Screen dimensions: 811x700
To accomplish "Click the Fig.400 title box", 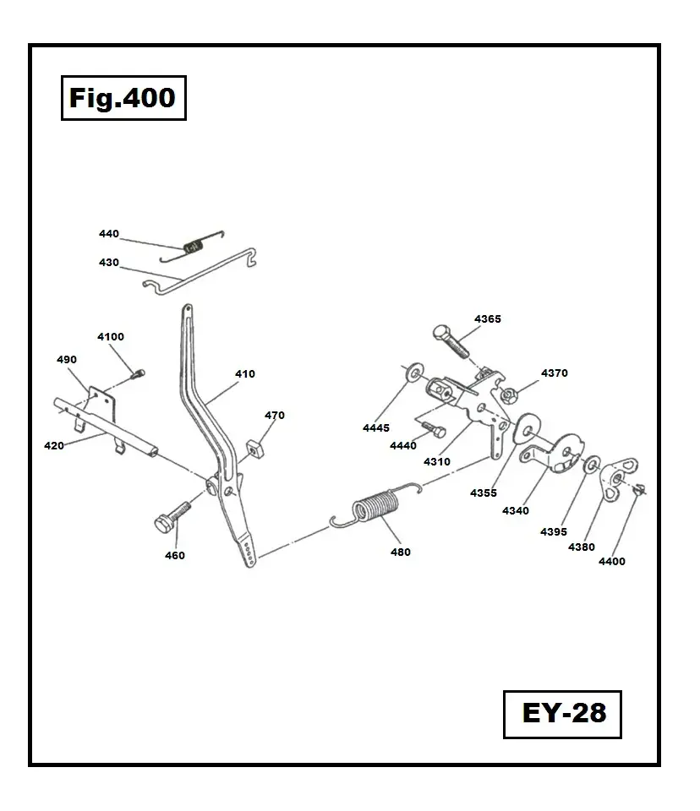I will tap(123, 98).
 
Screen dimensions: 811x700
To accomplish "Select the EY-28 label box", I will tap(562, 714).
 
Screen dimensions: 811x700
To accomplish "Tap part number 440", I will tap(109, 234).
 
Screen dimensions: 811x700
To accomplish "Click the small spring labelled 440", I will tap(196, 247).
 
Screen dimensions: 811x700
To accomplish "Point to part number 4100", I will tap(111, 336).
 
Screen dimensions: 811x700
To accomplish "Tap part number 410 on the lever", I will tap(244, 373).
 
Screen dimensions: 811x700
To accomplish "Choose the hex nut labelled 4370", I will tap(509, 394).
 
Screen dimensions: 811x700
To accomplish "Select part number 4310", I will tap(437, 462).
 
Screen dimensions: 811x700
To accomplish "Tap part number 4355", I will tap(484, 493).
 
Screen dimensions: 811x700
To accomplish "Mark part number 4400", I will tap(612, 562).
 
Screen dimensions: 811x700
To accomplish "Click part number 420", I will tap(54, 444).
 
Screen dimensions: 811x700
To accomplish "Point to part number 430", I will tap(109, 263).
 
